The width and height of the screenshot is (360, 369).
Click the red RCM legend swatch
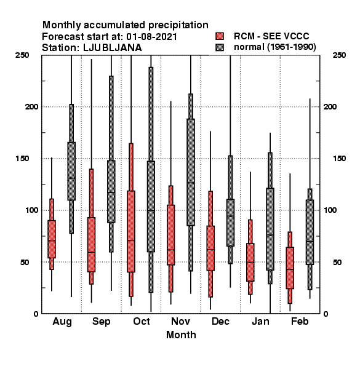(x=220, y=36)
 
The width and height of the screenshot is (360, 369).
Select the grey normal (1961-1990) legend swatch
(x=220, y=47)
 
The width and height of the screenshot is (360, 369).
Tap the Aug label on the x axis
(x=62, y=322)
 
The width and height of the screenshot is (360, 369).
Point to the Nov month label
(x=180, y=321)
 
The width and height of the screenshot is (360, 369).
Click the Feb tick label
(x=300, y=321)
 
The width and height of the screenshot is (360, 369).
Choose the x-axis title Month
(x=181, y=335)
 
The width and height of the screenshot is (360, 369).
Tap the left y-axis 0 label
(x=36, y=314)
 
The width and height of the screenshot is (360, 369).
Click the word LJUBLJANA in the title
(x=113, y=48)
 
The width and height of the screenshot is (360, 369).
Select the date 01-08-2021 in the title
(x=151, y=37)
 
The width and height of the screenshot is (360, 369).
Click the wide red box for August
(x=52, y=239)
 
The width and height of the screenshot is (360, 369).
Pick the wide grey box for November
(x=191, y=172)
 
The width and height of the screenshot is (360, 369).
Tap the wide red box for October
(x=131, y=232)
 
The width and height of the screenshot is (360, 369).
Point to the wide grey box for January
(x=270, y=229)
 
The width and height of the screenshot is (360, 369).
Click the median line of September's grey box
(x=111, y=192)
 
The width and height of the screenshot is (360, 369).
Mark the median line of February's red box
(x=290, y=269)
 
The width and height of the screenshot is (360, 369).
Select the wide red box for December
(x=210, y=248)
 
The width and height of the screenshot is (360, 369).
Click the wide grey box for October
(x=151, y=207)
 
